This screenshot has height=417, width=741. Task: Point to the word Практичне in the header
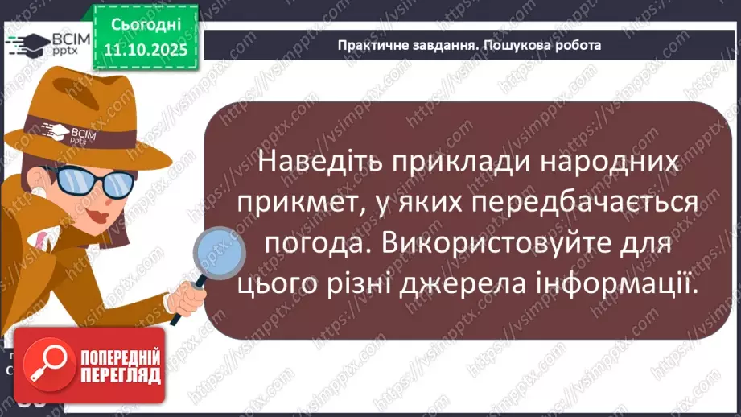click(x=373, y=45)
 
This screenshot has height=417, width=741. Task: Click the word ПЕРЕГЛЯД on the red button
click(x=121, y=376)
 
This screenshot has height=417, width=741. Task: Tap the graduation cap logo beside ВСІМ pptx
click(x=26, y=43)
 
